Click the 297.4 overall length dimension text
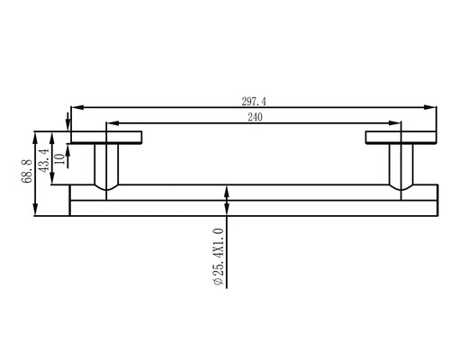254,101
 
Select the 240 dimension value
254,117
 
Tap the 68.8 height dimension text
26,172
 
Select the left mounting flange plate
106,137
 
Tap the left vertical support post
106,167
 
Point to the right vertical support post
400,167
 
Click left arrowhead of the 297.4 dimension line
76,109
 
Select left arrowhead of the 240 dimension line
111,124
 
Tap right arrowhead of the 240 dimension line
396,124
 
